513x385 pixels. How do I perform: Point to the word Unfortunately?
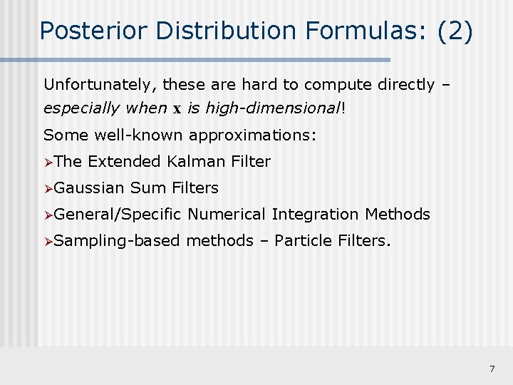click(99, 85)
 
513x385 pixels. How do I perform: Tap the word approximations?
click(257, 135)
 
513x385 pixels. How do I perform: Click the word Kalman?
click(197, 162)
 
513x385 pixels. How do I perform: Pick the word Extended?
click(124, 162)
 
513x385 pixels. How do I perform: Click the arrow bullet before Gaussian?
click(48, 188)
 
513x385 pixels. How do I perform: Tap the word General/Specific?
click(118, 215)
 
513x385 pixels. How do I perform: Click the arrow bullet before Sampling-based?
click(48, 241)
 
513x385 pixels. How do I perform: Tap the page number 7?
click(492, 369)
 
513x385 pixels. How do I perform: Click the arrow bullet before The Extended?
click(48, 162)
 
